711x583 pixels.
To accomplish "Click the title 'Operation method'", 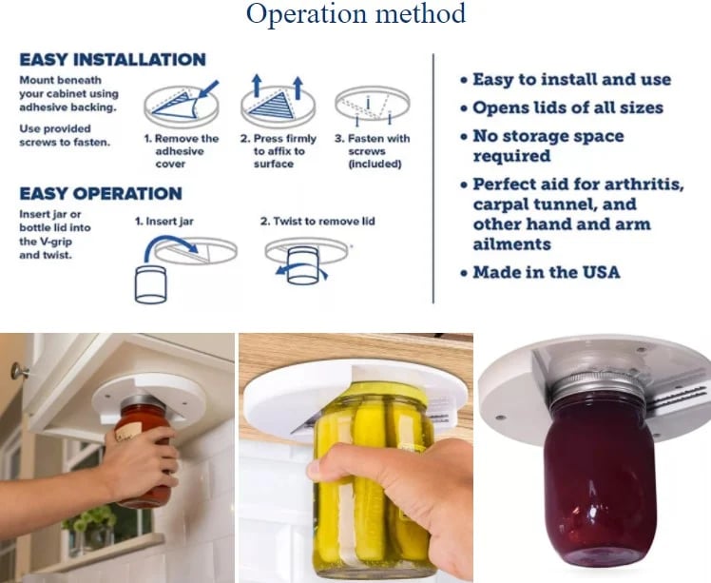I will [355, 15].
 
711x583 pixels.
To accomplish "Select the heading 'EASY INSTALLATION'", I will [112, 60].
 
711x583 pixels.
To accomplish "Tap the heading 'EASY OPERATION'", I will [100, 194].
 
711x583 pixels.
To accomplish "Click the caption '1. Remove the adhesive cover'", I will [181, 151].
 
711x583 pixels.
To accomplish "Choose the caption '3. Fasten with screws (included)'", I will [372, 151].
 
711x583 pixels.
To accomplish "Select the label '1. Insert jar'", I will [166, 222].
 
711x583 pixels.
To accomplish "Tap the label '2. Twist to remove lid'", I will [317, 222].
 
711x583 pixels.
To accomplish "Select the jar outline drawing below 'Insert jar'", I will [151, 283].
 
